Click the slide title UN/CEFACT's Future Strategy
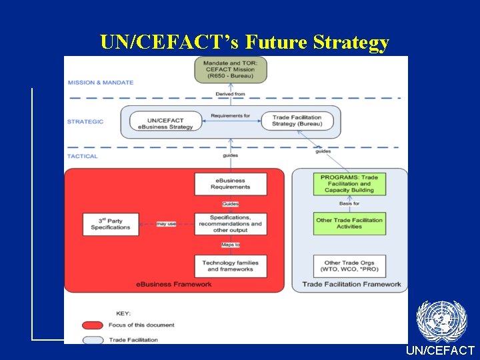tap(245, 42)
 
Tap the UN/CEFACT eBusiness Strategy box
tap(166, 122)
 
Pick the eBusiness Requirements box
tap(230, 184)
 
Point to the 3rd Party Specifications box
tap(111, 224)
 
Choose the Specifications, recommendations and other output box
tap(230, 224)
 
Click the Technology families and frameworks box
tap(230, 265)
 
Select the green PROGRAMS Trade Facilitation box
tap(349, 184)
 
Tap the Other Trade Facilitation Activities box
tap(349, 223)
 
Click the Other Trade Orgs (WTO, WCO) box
tap(349, 265)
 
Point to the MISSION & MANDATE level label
tap(100, 83)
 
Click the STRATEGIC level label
tap(85, 121)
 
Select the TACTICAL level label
tap(83, 156)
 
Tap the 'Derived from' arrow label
tap(230, 94)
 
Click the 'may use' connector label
tap(166, 224)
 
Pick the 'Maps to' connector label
tap(230, 245)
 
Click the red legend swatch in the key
tap(93, 325)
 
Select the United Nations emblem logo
tap(441, 321)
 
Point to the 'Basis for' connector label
tap(349, 203)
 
